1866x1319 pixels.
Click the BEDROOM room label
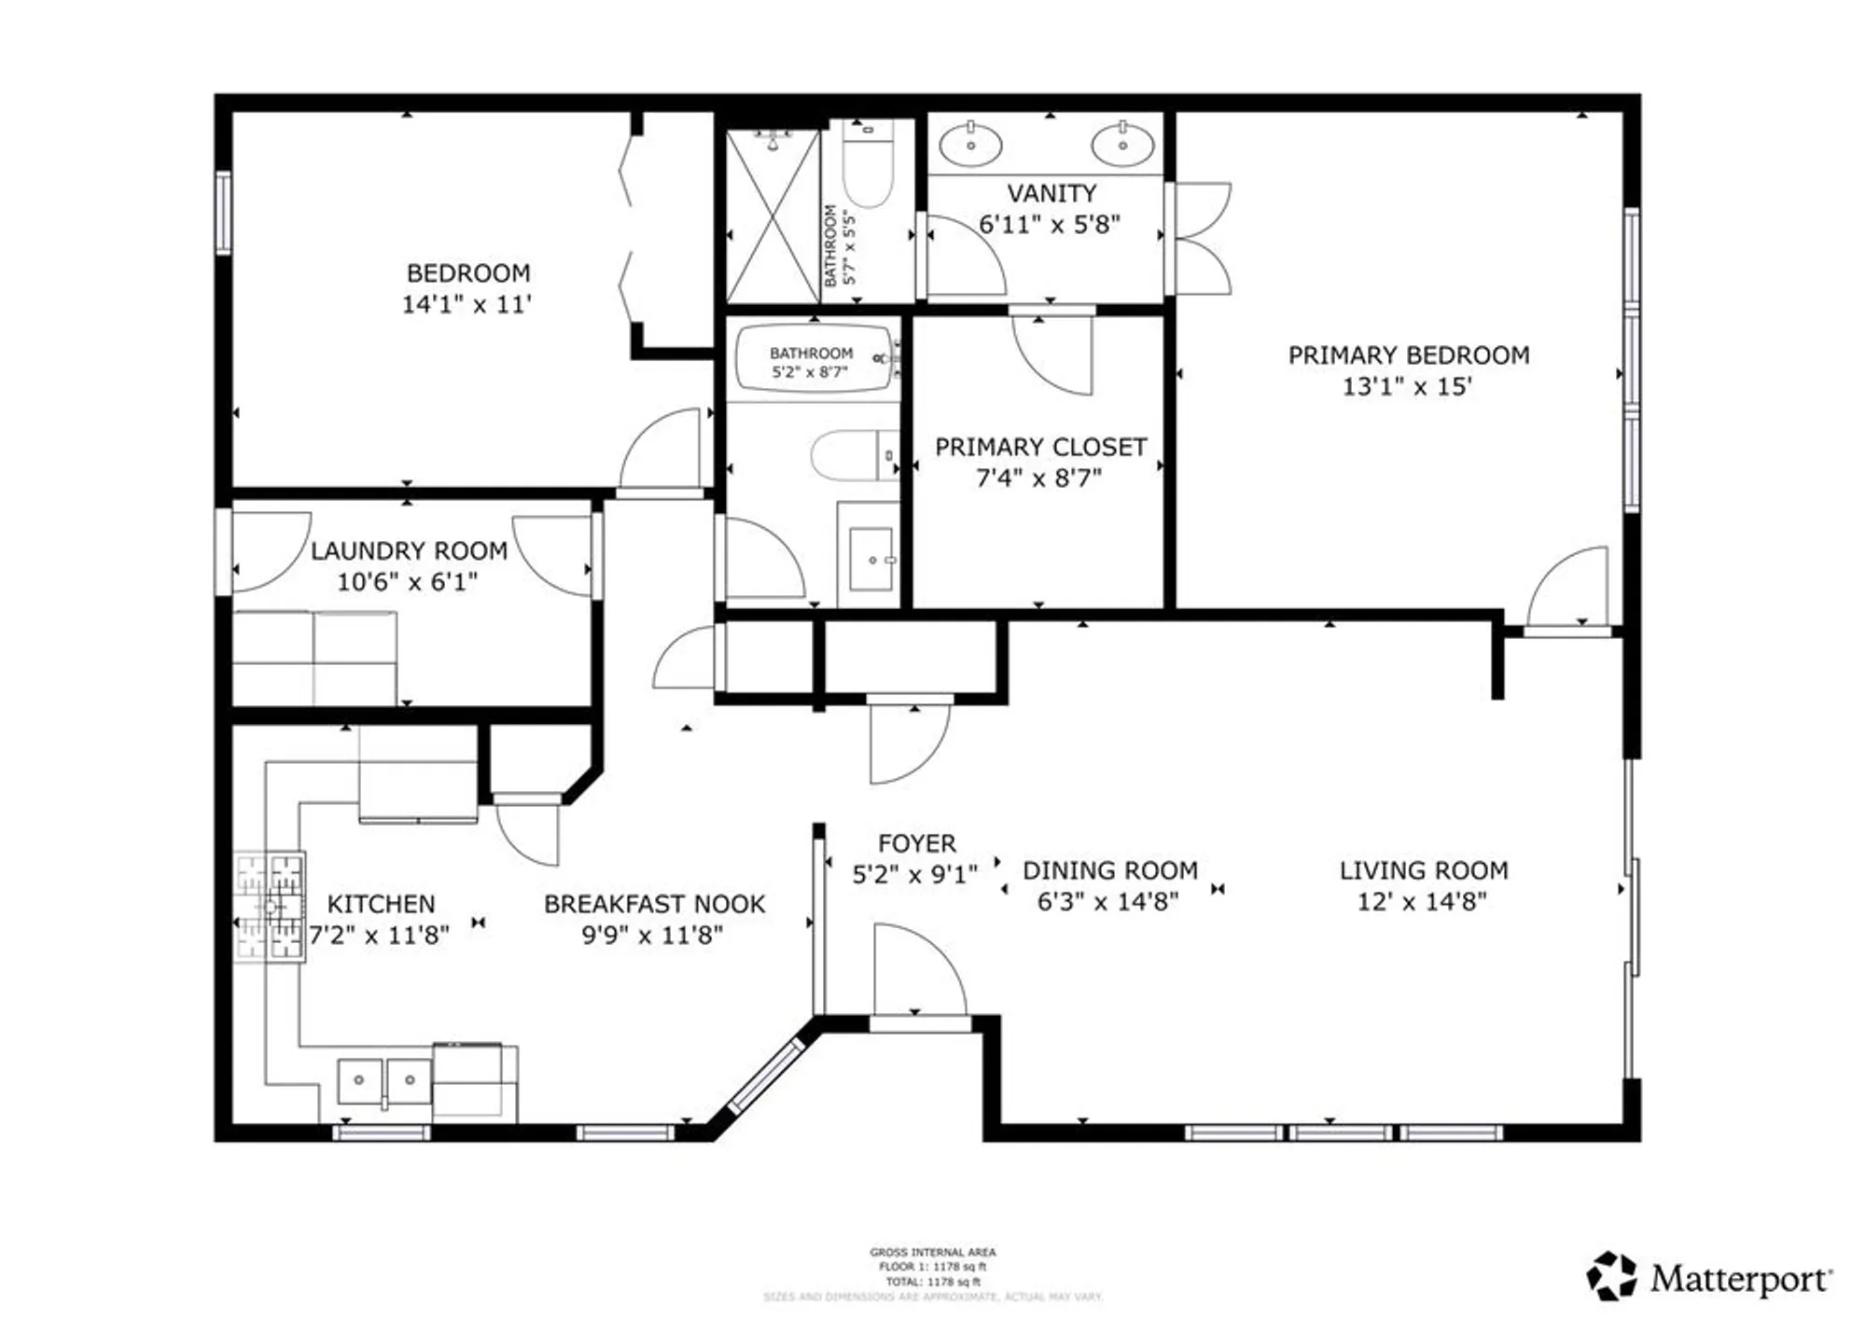(x=468, y=273)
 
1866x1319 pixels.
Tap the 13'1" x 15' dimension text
(x=1407, y=386)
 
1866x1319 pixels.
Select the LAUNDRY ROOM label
(x=409, y=550)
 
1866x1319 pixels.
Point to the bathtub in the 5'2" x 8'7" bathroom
(x=814, y=358)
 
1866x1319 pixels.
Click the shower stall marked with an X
(x=773, y=216)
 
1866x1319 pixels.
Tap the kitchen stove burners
(x=270, y=907)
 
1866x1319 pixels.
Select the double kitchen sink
(x=383, y=1081)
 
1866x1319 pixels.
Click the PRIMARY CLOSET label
(x=1040, y=447)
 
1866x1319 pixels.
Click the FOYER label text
(x=916, y=843)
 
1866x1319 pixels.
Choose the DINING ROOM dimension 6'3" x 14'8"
(x=1108, y=901)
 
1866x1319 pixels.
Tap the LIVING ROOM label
(x=1424, y=870)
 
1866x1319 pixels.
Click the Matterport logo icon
(x=1611, y=1275)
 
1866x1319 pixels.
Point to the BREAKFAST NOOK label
(x=654, y=904)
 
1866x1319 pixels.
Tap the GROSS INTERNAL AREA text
(x=932, y=1252)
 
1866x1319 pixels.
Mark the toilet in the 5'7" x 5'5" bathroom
(x=868, y=168)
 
